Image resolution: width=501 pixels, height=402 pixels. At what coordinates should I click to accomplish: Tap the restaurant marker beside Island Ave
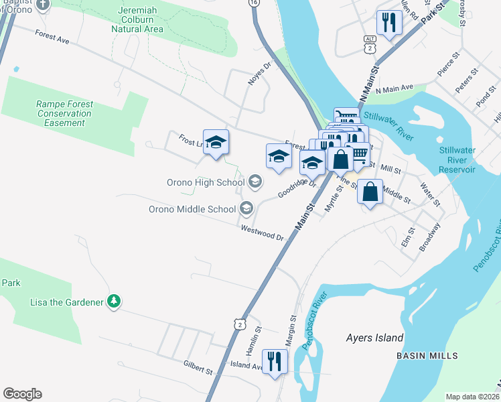coord(275,361)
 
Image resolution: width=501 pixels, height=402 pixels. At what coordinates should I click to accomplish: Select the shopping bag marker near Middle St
coord(370,192)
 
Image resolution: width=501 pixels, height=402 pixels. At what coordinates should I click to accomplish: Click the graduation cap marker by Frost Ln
coord(216,142)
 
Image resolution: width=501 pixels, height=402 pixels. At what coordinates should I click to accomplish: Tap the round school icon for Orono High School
coord(255,182)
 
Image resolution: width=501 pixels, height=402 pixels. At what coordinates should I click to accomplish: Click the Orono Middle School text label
coord(192,209)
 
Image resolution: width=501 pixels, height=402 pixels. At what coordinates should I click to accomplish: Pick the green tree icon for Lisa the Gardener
coord(115,301)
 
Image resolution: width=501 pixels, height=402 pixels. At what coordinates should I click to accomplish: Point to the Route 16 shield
coord(253,3)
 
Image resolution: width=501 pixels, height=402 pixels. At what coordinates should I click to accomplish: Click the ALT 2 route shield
coord(370,44)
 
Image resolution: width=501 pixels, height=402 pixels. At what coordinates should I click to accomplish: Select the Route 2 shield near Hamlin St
coord(240,324)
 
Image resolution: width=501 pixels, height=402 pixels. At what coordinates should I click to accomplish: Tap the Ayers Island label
coord(375,338)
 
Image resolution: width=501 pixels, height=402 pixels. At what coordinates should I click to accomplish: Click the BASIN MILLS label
coord(427,355)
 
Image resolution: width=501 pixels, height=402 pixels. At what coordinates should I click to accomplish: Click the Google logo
coord(22,393)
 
